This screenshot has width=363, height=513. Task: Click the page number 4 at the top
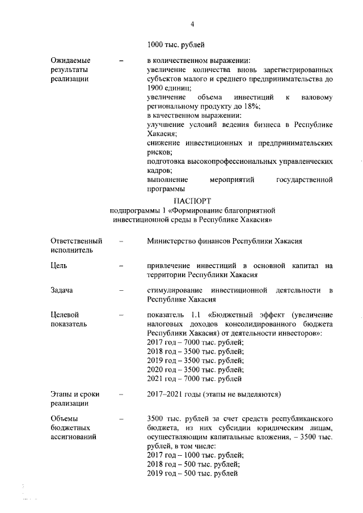pyautogui.click(x=192, y=24)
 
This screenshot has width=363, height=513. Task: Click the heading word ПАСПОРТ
pyautogui.click(x=192, y=201)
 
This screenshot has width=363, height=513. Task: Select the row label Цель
pyautogui.click(x=58, y=265)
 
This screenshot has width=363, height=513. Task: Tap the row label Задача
pyautogui.click(x=62, y=290)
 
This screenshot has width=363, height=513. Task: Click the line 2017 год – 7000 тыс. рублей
pyautogui.click(x=195, y=342)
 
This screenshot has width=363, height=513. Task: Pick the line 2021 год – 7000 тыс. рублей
pyautogui.click(x=195, y=378)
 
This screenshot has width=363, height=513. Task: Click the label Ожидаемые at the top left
pyautogui.click(x=70, y=60)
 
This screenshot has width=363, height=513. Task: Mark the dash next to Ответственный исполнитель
pyautogui.click(x=121, y=240)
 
